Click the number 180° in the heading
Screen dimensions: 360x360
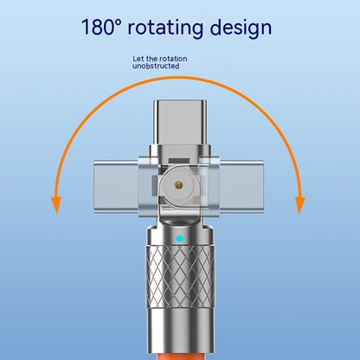point(100,27)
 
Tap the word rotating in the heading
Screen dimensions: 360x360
point(165,28)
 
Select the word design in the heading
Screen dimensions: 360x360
point(241,28)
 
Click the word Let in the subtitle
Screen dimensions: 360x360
point(138,59)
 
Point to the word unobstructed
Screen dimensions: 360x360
point(156,66)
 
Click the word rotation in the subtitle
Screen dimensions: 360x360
point(173,59)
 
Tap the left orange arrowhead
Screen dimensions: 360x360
point(56,205)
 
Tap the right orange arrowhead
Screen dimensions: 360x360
point(300,205)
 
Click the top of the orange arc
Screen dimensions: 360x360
point(179,78)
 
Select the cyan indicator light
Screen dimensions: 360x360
point(180,239)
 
